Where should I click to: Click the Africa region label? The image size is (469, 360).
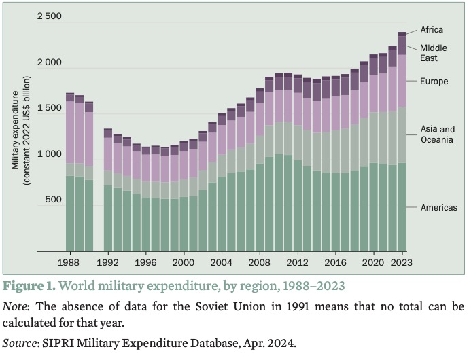click(432, 29)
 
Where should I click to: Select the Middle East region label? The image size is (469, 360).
click(433, 53)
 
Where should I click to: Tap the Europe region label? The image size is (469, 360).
click(434, 82)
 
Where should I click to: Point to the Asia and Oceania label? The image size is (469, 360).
click(437, 134)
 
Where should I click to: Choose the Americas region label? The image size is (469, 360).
click(438, 207)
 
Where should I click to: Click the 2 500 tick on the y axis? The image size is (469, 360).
click(49, 16)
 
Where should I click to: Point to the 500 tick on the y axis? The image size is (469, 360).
click(53, 200)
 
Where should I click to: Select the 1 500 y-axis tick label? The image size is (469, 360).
click(49, 109)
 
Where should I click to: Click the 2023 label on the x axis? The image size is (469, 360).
click(402, 261)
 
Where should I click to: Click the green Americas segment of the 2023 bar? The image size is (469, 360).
click(402, 207)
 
